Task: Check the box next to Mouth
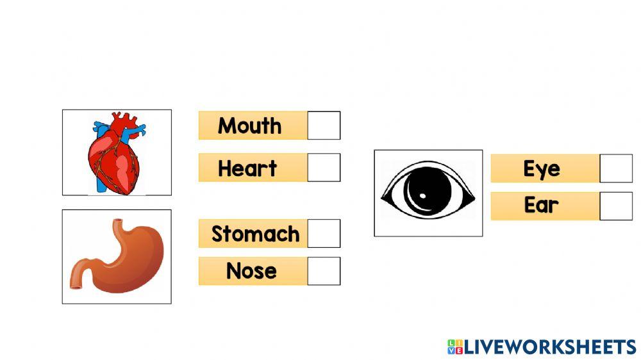pyautogui.click(x=324, y=126)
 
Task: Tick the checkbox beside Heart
pyautogui.click(x=324, y=167)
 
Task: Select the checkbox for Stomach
pyautogui.click(x=324, y=233)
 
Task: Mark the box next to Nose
pyautogui.click(x=324, y=271)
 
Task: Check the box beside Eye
pyautogui.click(x=616, y=168)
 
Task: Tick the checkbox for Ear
pyautogui.click(x=616, y=206)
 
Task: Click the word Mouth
pyautogui.click(x=249, y=126)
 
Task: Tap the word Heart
pyautogui.click(x=247, y=168)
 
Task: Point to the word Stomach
pyautogui.click(x=255, y=234)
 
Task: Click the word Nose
pyautogui.click(x=251, y=271)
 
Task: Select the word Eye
pyautogui.click(x=542, y=169)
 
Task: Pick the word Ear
pyautogui.click(x=542, y=206)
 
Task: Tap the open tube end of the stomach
pyautogui.click(x=75, y=285)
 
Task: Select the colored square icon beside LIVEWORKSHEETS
pyautogui.click(x=455, y=347)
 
